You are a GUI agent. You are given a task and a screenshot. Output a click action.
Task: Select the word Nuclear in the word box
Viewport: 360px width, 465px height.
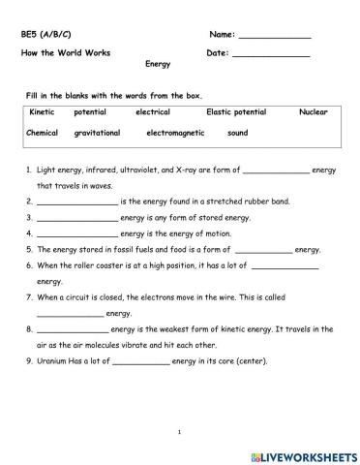(314, 111)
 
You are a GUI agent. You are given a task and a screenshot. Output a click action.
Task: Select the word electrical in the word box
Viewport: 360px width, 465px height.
(153, 111)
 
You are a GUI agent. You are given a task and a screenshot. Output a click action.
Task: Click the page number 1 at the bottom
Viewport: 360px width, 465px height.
(180, 429)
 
